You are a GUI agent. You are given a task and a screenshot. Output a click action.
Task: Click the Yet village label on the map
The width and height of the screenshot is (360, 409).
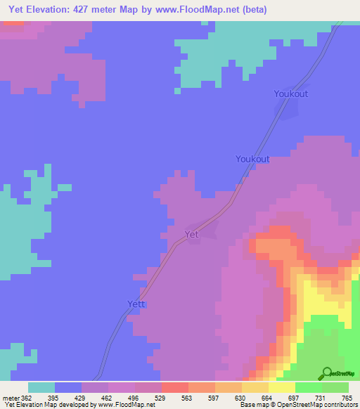point(191,235)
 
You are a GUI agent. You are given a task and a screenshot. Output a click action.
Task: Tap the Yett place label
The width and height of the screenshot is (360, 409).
point(136,304)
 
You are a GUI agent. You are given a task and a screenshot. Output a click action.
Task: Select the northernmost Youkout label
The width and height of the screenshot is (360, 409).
point(290,93)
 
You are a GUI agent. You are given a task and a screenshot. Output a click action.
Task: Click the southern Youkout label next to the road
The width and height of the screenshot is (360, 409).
point(252,159)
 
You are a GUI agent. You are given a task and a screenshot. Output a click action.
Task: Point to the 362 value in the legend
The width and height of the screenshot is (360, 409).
point(27,398)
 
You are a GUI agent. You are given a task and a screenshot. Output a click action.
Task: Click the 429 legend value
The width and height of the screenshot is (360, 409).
point(82,398)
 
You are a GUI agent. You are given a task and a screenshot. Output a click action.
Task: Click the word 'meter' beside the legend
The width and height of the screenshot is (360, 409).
point(11,398)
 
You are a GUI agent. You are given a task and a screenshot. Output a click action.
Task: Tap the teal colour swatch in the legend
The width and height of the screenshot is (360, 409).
point(41,387)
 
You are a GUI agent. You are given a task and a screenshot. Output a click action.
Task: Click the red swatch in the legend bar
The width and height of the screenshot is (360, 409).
point(174,387)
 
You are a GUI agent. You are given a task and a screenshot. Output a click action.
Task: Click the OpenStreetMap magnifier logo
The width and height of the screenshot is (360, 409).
point(328,372)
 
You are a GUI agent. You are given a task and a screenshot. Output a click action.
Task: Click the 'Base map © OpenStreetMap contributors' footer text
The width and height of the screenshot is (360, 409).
point(295,405)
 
